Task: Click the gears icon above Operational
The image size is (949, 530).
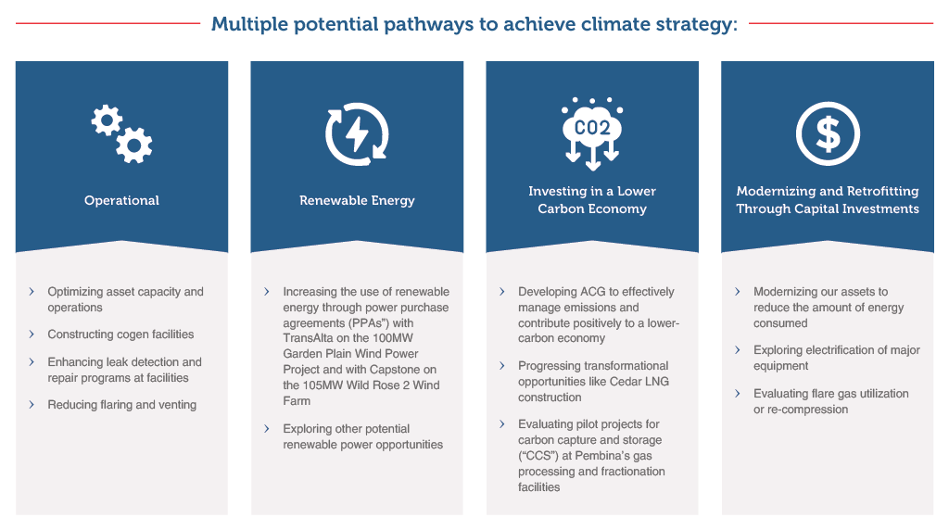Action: click(x=121, y=133)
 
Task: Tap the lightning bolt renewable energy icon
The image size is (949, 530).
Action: click(x=357, y=133)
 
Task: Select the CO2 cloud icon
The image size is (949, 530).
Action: click(x=592, y=133)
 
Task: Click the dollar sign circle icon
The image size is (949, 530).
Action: click(x=828, y=133)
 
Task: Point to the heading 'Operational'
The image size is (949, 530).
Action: click(x=121, y=200)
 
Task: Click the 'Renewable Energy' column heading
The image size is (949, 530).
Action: click(x=357, y=200)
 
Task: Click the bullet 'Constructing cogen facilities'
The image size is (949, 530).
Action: click(x=121, y=334)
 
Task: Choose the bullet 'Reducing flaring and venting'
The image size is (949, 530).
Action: click(x=122, y=405)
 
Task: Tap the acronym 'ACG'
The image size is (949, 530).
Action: click(x=592, y=292)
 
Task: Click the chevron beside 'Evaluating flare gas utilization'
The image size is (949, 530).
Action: click(x=737, y=393)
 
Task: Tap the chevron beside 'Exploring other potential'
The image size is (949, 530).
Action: click(x=267, y=428)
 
